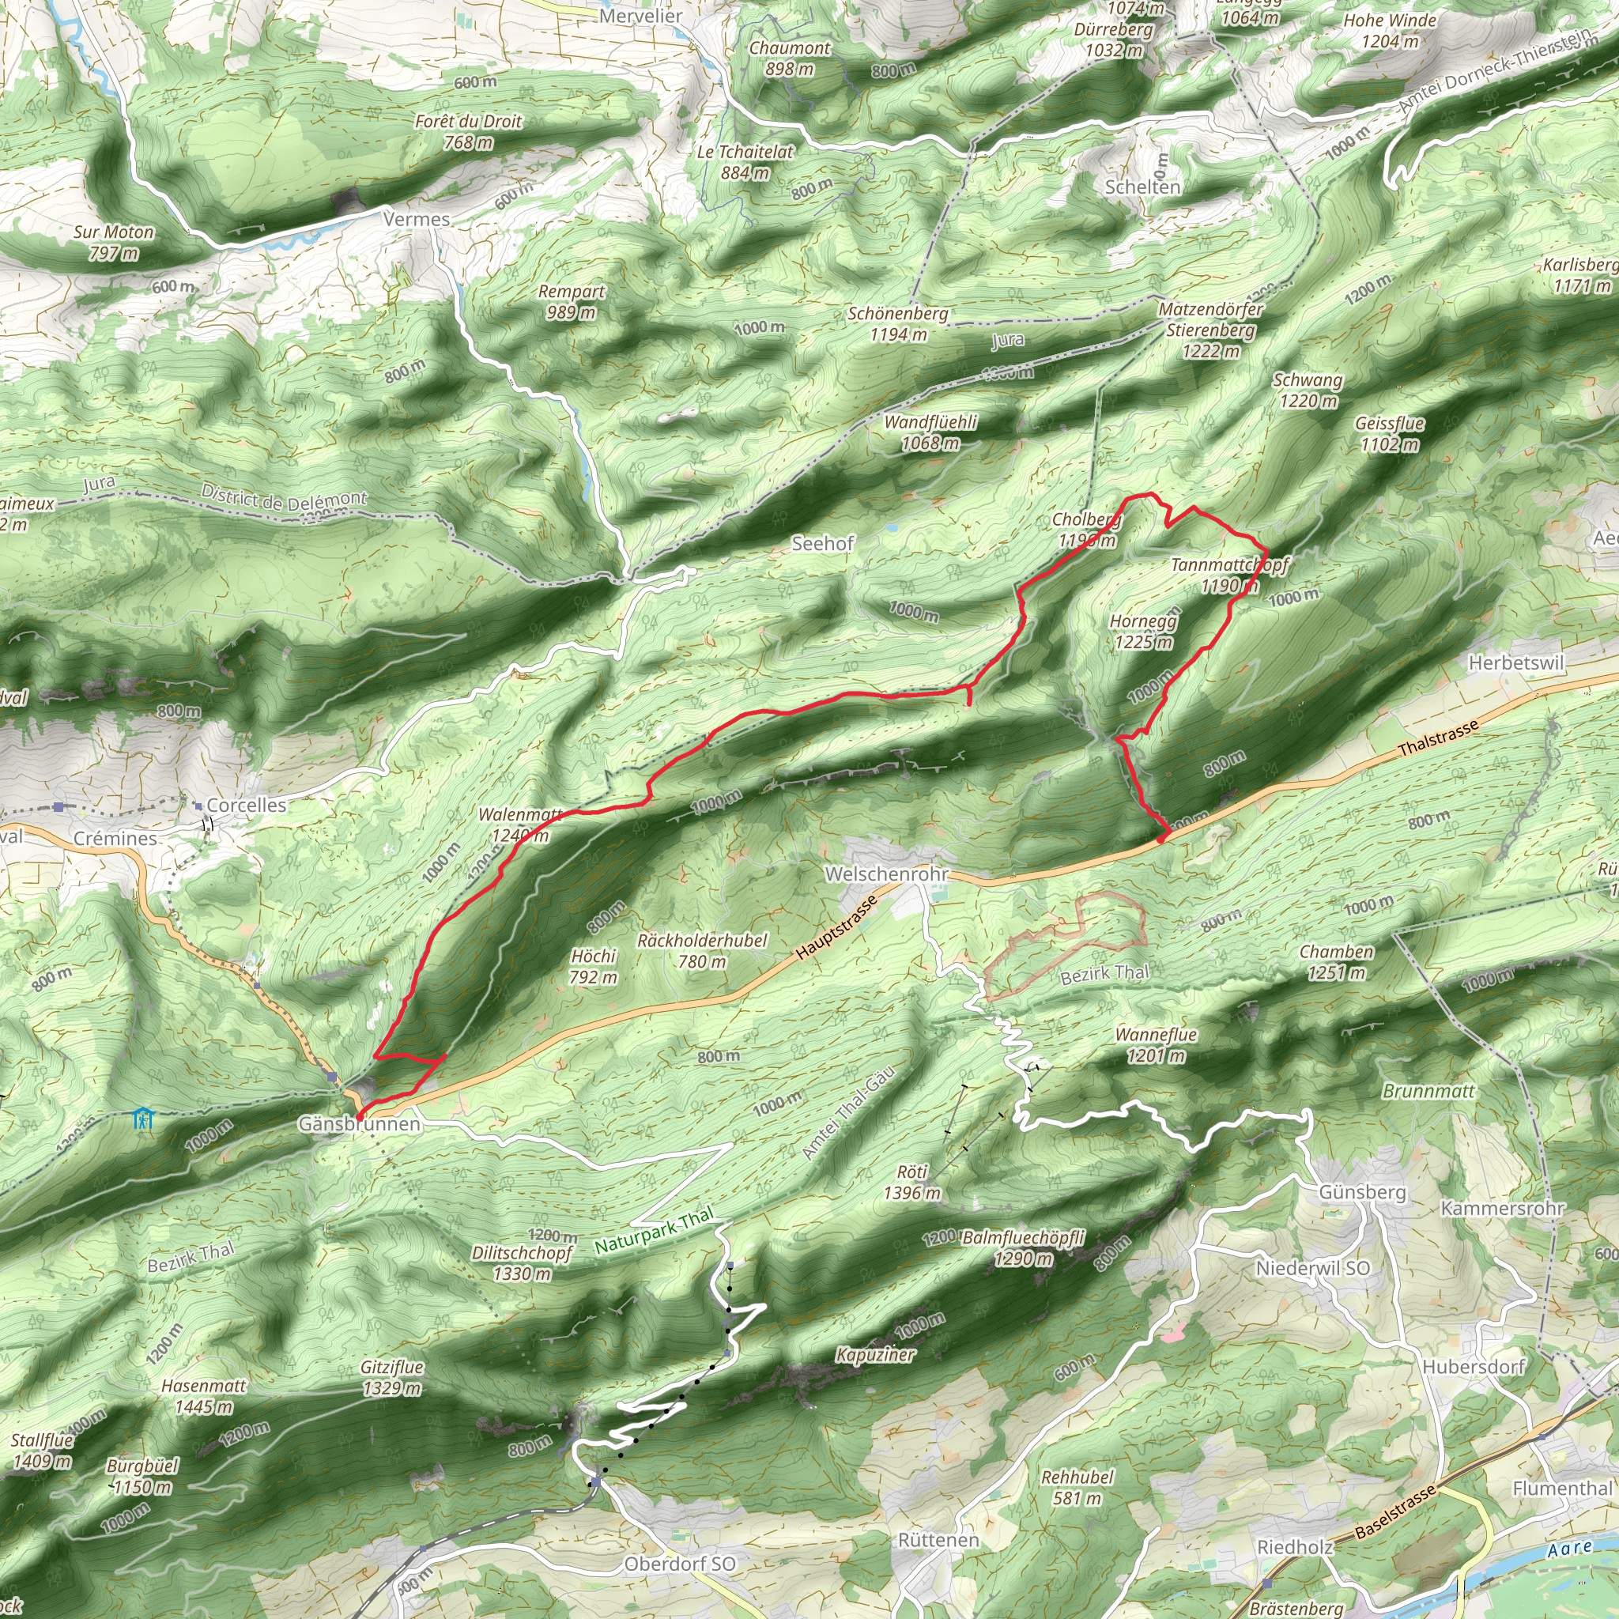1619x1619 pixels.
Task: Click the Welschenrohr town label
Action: pos(887,874)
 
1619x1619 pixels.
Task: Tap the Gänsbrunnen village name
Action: pos(360,1125)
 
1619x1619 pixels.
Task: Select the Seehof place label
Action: pos(822,544)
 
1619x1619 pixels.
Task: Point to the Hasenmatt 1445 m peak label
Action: pos(204,1396)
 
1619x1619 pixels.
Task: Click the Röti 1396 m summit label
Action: pos(911,1183)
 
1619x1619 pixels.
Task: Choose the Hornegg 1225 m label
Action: pos(1143,632)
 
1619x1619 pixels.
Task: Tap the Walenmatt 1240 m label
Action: pos(519,825)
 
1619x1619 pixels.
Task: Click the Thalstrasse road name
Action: pos(1438,739)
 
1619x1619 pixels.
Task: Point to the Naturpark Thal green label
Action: pos(655,1230)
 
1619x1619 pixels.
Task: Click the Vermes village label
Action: pos(417,220)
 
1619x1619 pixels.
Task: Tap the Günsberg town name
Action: pos(1362,1191)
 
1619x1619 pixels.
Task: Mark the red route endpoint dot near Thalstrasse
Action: pos(1160,838)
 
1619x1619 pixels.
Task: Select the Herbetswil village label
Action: pos(1516,662)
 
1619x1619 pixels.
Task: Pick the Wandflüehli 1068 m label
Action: pos(930,432)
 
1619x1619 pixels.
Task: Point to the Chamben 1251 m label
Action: pos(1336,962)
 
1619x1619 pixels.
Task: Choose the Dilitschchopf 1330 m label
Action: pos(521,1262)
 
